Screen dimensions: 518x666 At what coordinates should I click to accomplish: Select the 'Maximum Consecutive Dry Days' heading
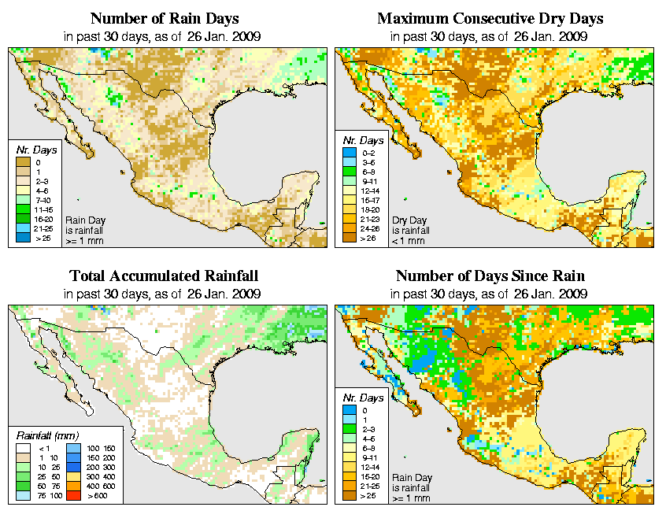point(490,18)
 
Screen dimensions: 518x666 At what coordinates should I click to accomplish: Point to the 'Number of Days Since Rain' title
point(490,276)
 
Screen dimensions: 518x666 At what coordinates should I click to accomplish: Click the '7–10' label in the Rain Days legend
point(43,200)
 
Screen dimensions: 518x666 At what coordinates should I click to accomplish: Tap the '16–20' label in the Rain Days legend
point(43,218)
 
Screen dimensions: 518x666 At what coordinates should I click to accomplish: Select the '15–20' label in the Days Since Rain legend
point(373,475)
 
